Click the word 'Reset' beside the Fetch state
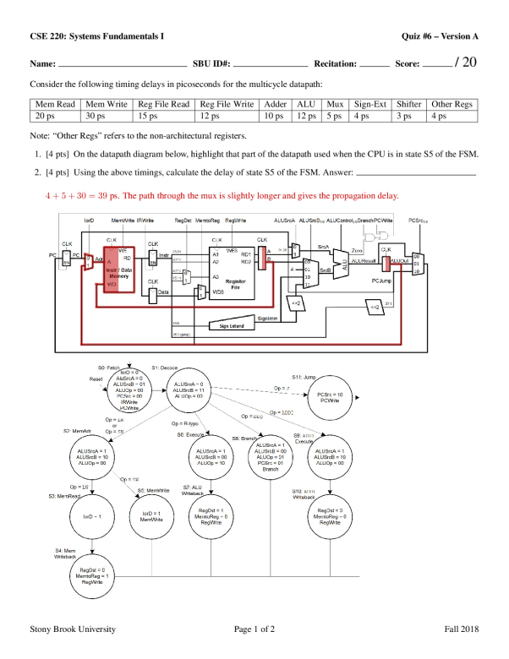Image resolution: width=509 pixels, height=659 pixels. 96,379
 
